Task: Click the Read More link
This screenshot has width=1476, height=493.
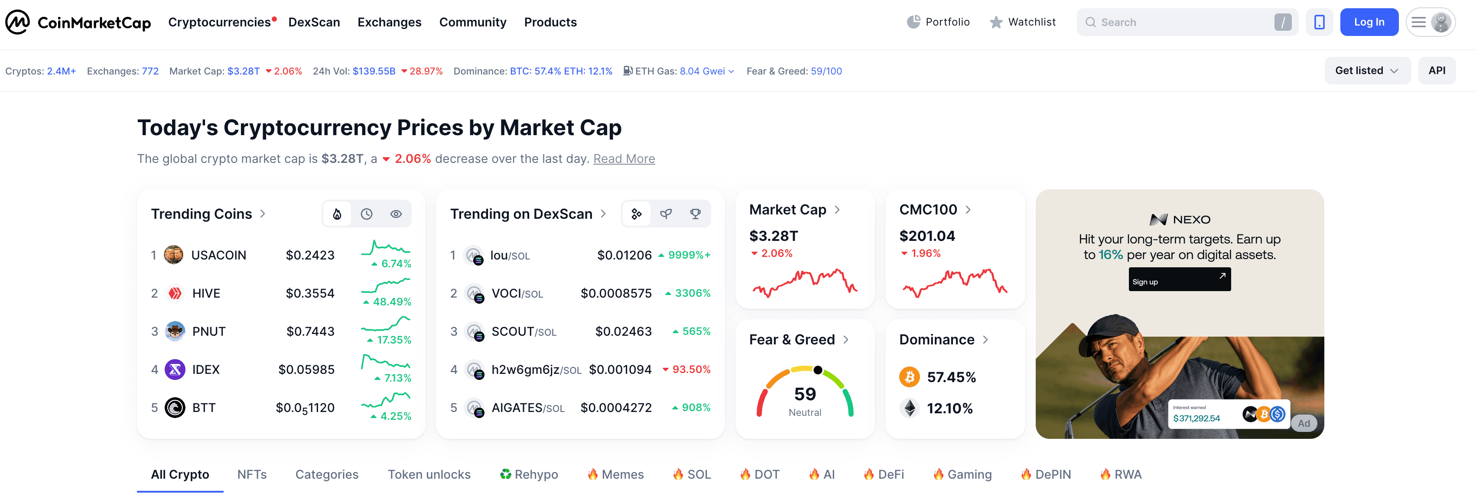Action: [x=624, y=159]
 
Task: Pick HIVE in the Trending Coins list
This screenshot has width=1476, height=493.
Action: [x=206, y=293]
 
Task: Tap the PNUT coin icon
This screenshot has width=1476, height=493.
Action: [x=175, y=331]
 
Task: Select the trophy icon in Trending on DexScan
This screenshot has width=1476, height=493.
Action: [x=695, y=214]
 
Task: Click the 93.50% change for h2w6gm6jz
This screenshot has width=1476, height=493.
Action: [x=690, y=370]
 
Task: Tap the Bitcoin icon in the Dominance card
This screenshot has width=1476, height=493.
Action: [x=909, y=377]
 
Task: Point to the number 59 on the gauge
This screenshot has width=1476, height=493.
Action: [x=804, y=394]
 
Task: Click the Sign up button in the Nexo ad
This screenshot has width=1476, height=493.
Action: [x=1179, y=280]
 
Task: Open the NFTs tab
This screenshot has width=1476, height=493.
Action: [x=251, y=474]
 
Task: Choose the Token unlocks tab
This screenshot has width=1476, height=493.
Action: [x=429, y=474]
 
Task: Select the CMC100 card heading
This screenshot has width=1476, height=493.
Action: [x=928, y=210]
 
